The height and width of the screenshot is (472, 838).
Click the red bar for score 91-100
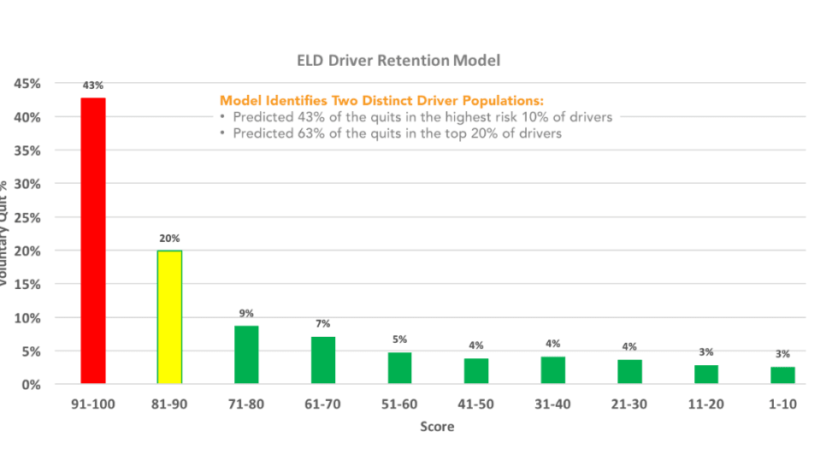tap(93, 241)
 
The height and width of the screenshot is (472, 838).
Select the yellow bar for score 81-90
tap(169, 317)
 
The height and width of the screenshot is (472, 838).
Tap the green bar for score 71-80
tap(246, 355)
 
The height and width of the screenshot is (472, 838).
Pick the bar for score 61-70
tap(323, 360)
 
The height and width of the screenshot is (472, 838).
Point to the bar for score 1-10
tap(782, 375)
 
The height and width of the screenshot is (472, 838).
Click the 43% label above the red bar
tap(93, 86)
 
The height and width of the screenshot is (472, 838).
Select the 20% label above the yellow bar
tap(169, 239)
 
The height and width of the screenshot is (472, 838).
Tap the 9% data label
tap(246, 313)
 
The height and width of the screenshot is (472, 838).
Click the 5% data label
tap(399, 339)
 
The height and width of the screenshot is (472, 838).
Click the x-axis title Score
tap(437, 426)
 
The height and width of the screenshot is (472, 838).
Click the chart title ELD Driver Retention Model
tap(398, 61)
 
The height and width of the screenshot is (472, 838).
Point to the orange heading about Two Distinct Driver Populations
tap(382, 101)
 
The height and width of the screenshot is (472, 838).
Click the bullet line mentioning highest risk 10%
tap(416, 117)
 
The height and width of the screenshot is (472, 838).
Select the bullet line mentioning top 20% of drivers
tap(391, 133)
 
